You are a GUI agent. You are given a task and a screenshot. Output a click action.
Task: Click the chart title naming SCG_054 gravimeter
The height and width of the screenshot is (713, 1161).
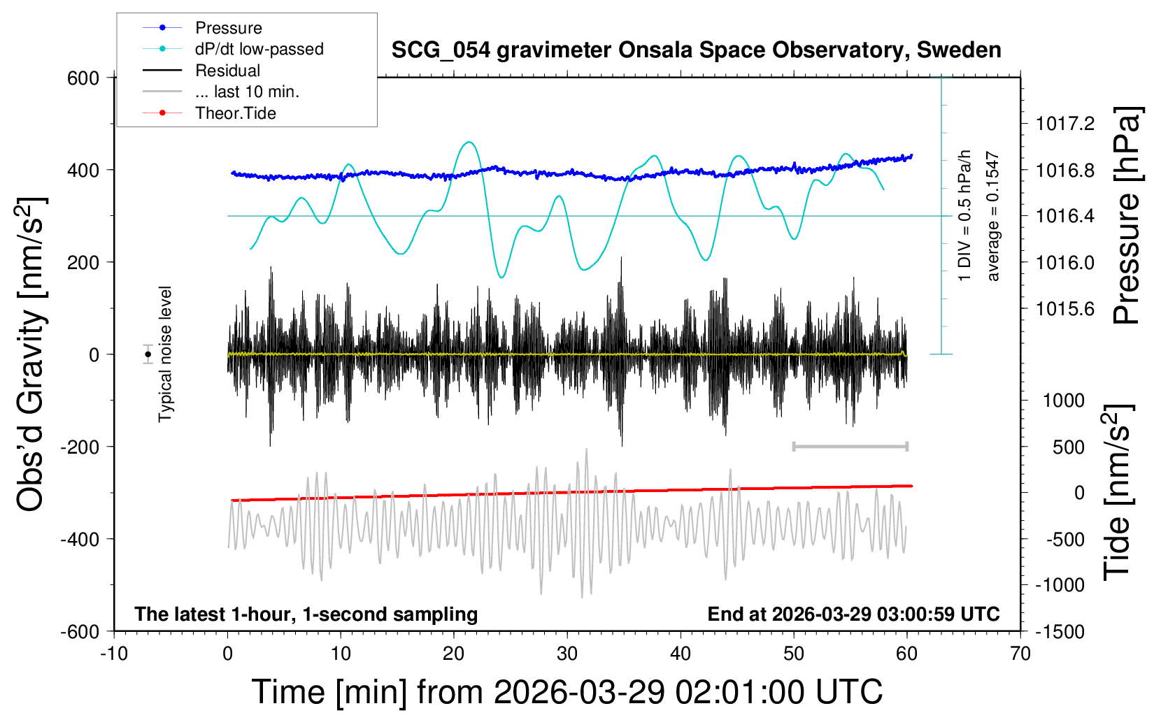(696, 50)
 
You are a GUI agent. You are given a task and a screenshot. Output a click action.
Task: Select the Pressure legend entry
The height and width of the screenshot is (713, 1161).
(228, 28)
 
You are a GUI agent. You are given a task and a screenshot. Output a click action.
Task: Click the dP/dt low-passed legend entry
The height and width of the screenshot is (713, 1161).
(259, 49)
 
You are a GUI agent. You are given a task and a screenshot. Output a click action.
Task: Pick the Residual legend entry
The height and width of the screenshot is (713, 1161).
(227, 71)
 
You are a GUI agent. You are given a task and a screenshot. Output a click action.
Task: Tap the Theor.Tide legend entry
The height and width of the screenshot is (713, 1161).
(235, 113)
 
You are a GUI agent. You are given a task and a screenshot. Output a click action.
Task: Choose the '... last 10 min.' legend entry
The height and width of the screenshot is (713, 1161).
(247, 92)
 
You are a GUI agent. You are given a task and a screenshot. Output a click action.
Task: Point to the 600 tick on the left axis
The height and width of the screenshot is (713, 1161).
(83, 78)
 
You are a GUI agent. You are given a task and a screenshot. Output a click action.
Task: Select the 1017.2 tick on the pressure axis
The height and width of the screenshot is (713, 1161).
(1064, 124)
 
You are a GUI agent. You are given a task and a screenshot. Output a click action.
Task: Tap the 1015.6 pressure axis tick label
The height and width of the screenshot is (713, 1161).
(1064, 308)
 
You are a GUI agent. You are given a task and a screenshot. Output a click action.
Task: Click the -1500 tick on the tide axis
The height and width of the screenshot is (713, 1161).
(1060, 631)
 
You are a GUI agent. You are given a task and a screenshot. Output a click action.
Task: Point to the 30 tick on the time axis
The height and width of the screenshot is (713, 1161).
(567, 654)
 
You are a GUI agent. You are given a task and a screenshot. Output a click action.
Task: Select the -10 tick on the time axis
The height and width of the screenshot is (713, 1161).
(113, 654)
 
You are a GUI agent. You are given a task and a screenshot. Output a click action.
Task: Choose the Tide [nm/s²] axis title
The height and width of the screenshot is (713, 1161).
(1117, 493)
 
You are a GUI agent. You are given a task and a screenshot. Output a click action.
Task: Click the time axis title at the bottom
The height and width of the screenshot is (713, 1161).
(567, 692)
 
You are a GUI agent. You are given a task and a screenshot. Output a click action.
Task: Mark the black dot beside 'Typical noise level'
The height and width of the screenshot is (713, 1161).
(148, 354)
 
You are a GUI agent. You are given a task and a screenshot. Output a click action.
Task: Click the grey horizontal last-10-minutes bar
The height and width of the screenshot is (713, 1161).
(850, 446)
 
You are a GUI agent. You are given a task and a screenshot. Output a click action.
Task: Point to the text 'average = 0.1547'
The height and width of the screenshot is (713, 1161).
(992, 217)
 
